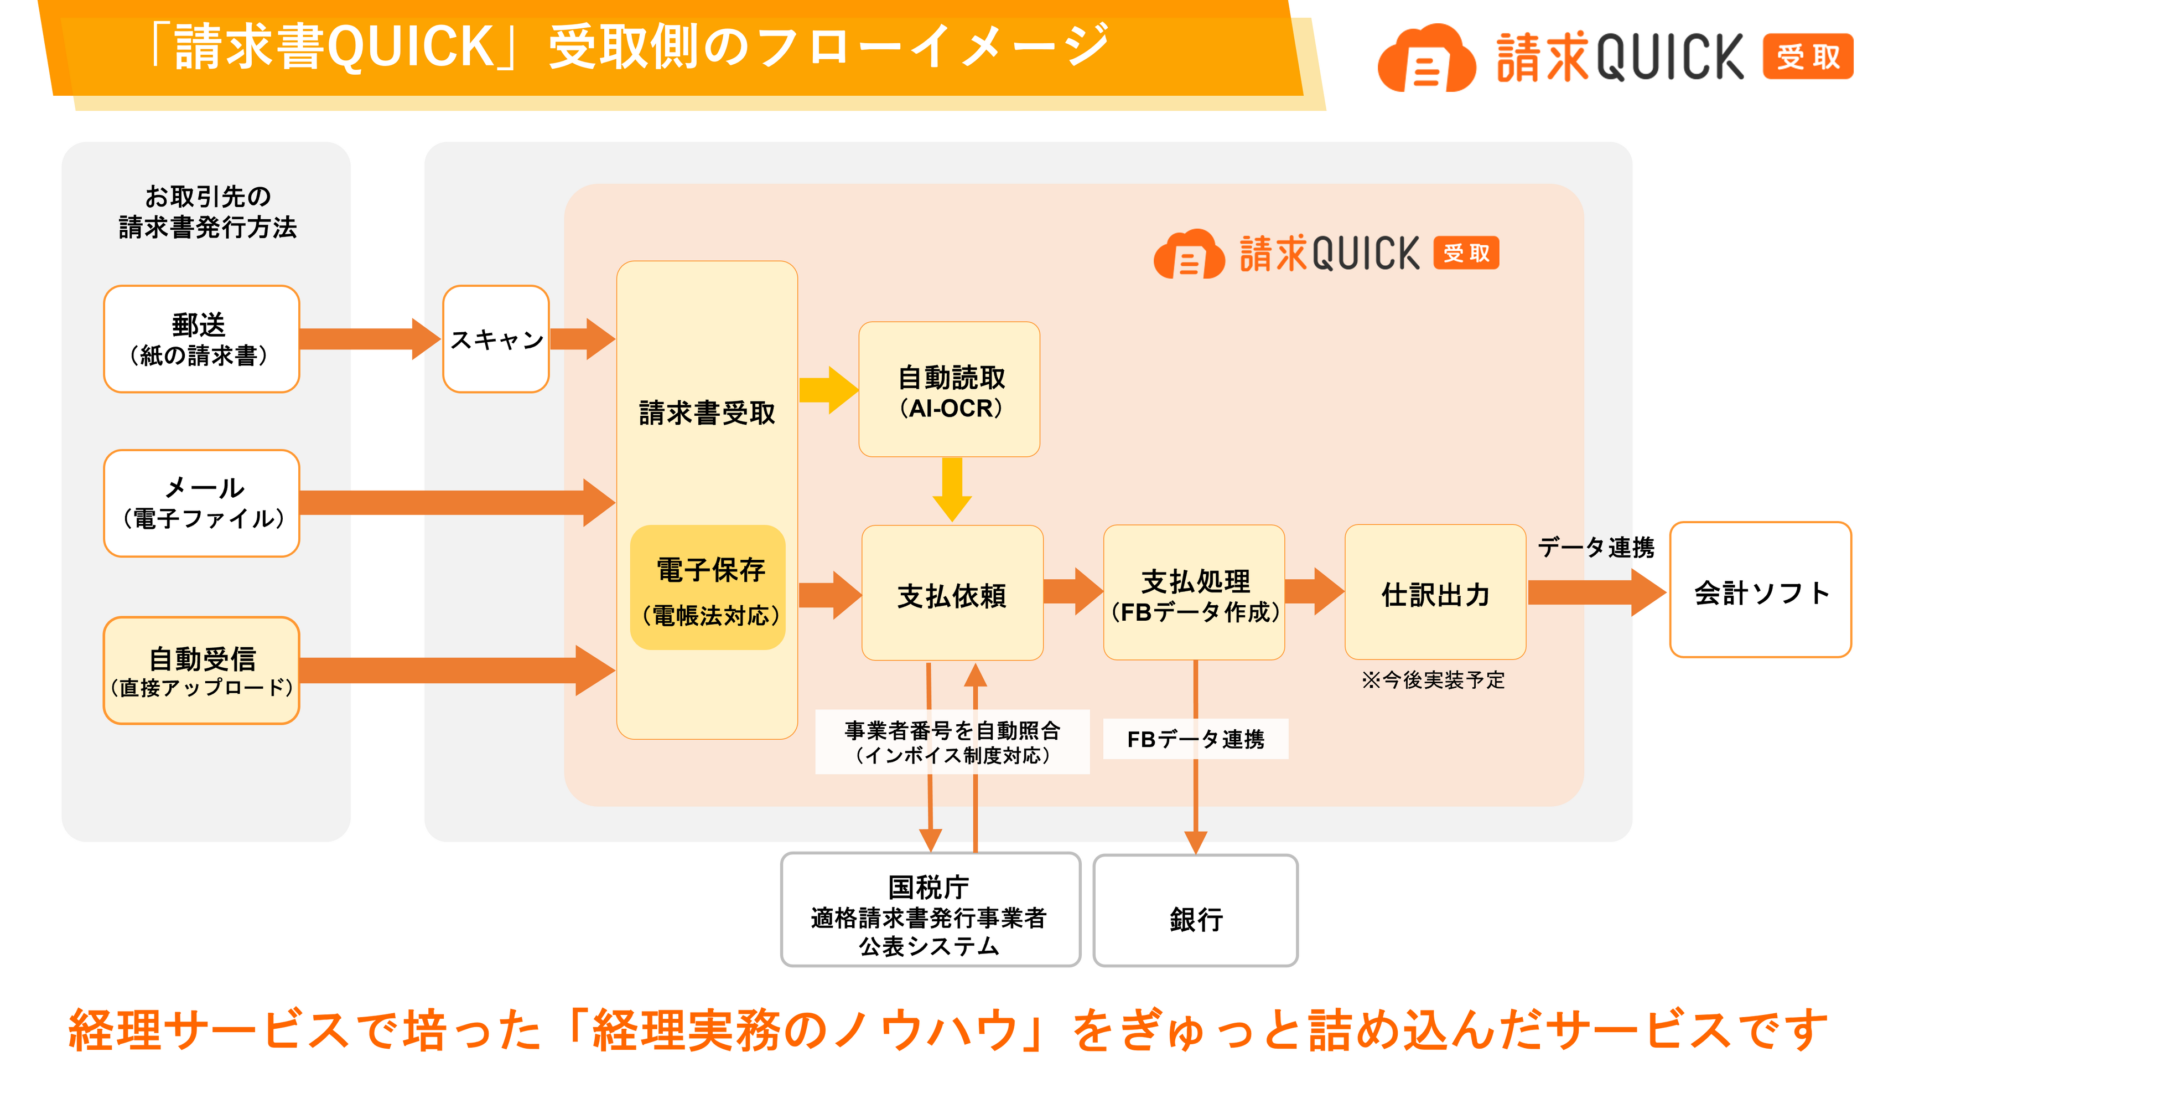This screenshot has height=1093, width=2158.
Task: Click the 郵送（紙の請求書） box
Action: (x=201, y=339)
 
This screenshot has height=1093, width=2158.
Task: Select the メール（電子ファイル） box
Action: (x=201, y=503)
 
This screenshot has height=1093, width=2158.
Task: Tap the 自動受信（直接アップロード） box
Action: (x=201, y=671)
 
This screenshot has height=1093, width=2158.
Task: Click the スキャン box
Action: (x=496, y=339)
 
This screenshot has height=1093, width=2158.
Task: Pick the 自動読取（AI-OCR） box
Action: (x=949, y=390)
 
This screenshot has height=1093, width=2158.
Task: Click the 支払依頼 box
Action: (x=952, y=594)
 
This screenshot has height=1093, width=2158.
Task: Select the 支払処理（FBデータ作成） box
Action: (x=1194, y=594)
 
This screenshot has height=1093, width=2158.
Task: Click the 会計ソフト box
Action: (x=1760, y=590)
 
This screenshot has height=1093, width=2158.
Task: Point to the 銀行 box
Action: (x=1195, y=911)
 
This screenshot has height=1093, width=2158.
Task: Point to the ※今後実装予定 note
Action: (x=1433, y=680)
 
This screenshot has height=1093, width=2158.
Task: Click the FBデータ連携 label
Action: (x=1195, y=739)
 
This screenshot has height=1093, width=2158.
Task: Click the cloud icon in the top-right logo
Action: (x=1426, y=59)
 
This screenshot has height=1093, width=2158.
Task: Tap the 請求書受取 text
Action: (x=707, y=413)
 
